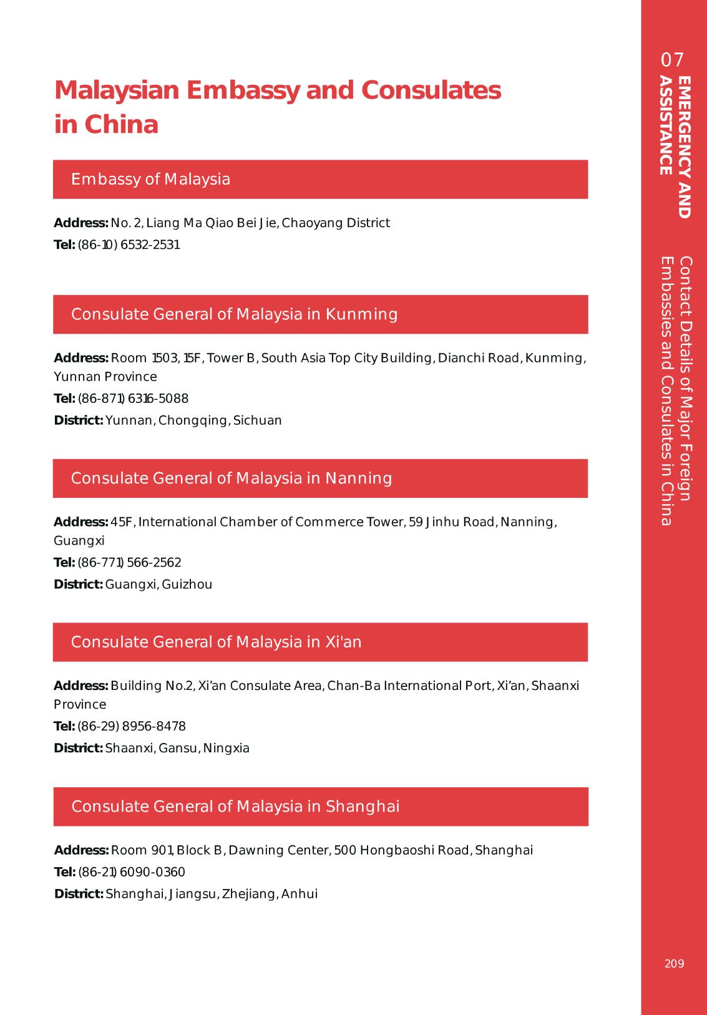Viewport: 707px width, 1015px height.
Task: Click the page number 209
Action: (x=674, y=963)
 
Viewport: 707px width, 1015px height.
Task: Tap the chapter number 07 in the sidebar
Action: (x=673, y=60)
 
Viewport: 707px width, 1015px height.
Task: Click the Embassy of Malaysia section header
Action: (x=150, y=180)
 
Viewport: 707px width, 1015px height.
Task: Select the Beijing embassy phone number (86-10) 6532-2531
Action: (x=129, y=245)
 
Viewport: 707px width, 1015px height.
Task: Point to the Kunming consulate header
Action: (x=234, y=314)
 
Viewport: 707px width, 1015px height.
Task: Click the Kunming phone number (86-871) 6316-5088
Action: (x=132, y=399)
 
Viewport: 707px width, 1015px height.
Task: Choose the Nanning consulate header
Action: (x=232, y=478)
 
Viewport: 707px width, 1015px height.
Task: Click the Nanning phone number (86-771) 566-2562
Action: (x=129, y=563)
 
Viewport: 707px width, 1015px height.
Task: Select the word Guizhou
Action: (x=187, y=585)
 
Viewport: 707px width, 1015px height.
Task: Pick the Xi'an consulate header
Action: (x=216, y=642)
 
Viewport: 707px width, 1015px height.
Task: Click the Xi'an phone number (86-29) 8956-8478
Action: (x=131, y=726)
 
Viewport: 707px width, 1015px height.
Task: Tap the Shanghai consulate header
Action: (x=235, y=807)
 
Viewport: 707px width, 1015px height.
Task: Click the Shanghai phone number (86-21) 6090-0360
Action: (x=131, y=872)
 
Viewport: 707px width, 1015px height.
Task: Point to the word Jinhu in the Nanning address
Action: (x=442, y=522)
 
